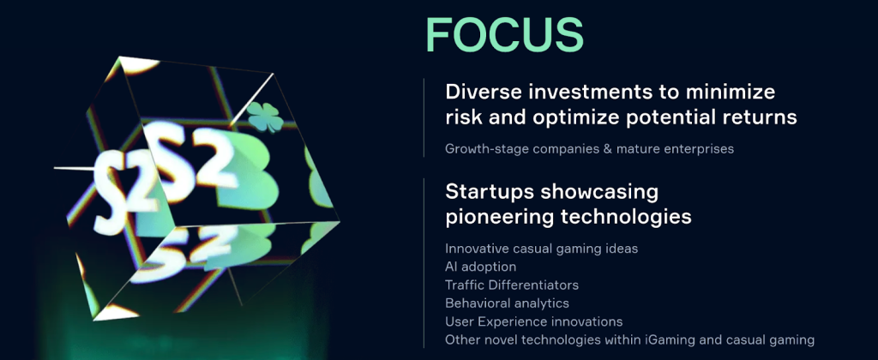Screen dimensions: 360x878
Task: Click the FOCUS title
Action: coord(504,35)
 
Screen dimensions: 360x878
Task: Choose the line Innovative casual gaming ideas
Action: coord(541,249)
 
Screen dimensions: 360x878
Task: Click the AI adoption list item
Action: coord(480,267)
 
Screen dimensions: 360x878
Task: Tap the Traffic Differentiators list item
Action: coord(512,285)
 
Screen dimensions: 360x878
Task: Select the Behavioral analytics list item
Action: coord(507,303)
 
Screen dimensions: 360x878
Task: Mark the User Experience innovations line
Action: coord(533,321)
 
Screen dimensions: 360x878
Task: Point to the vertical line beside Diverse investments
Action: coord(424,117)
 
